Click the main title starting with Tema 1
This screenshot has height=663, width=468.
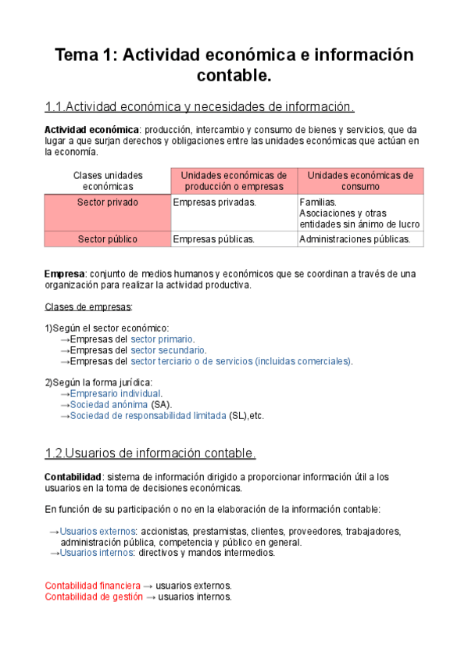point(234,66)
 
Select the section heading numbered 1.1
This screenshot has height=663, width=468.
point(200,107)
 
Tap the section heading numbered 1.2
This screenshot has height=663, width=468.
point(150,453)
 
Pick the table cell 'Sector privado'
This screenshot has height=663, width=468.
point(108,202)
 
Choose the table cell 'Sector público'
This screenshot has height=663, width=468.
point(108,239)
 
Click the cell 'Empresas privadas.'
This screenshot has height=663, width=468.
point(214,202)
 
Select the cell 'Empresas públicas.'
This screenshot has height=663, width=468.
point(213,239)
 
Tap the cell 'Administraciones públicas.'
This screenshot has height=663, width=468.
point(355,239)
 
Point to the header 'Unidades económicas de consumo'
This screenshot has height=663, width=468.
point(360,181)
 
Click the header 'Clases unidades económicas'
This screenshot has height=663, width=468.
point(108,181)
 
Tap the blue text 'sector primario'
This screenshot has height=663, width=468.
point(162,339)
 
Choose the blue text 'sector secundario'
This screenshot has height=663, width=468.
point(168,350)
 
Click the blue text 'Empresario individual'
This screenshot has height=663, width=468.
point(116,394)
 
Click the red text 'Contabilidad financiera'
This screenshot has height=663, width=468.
point(93,586)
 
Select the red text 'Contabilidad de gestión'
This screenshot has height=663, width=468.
point(94,597)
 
